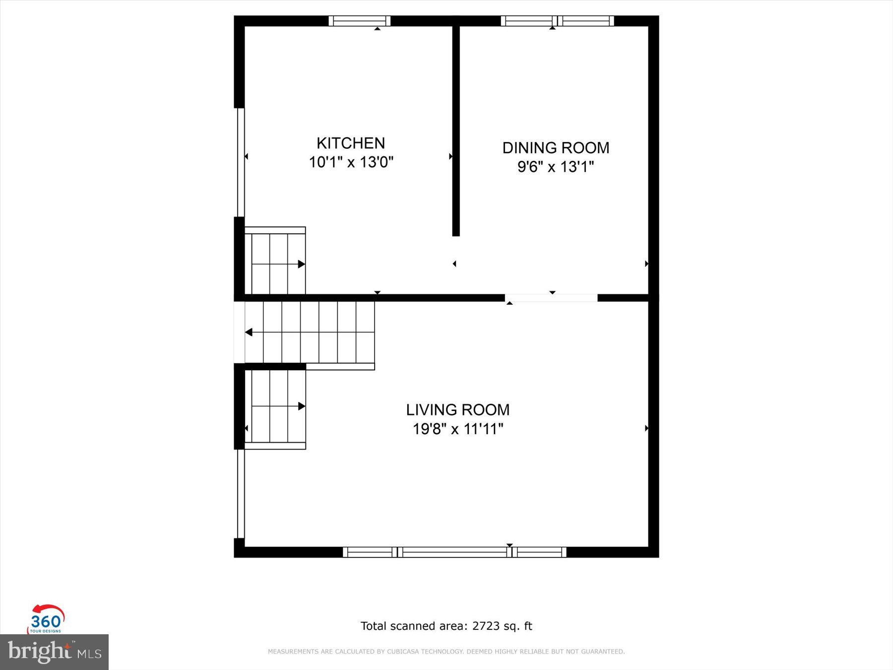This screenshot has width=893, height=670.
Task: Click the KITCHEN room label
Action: (x=351, y=143)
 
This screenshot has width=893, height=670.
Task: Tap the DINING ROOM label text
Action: (x=556, y=148)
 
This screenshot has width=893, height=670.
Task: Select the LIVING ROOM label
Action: (x=457, y=410)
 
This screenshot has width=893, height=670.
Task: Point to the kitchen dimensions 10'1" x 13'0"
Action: (x=351, y=162)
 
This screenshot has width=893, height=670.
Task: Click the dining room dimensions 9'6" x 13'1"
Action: (x=556, y=167)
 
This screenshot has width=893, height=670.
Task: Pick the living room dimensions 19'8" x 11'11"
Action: (x=457, y=429)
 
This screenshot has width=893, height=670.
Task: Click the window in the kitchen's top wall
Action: (x=360, y=21)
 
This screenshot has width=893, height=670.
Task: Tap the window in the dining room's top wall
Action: (x=557, y=21)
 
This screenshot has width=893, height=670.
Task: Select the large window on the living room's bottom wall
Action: (x=454, y=552)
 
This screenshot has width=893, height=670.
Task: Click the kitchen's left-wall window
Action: (x=241, y=162)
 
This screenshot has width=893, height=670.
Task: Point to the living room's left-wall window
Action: (x=241, y=494)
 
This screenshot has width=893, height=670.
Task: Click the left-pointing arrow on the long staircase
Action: (x=249, y=332)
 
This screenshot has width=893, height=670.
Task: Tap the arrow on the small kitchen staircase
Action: (x=301, y=264)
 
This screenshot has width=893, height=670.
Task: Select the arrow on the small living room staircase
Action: (x=301, y=406)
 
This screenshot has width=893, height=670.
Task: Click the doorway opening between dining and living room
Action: (x=551, y=298)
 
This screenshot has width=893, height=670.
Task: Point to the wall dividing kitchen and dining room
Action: (x=456, y=129)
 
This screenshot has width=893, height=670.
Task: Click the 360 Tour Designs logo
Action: (x=46, y=619)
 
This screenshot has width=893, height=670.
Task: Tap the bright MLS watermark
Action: (x=54, y=652)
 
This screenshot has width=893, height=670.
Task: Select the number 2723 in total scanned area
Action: (x=486, y=626)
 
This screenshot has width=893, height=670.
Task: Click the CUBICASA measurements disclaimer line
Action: (x=446, y=652)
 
